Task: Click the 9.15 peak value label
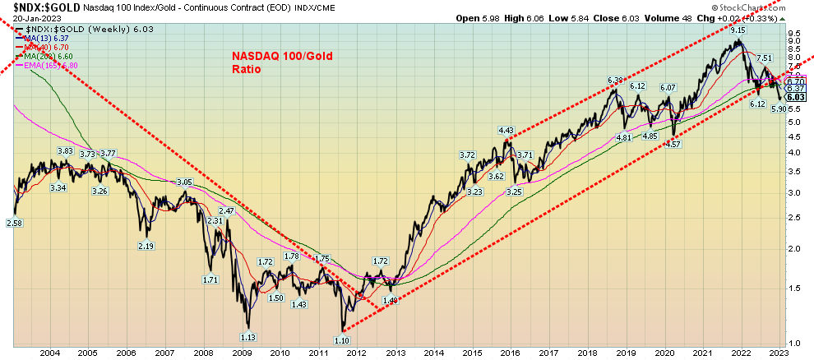(x=737, y=30)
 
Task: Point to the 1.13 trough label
(x=246, y=335)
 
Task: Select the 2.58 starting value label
(x=15, y=223)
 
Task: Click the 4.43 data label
(x=506, y=130)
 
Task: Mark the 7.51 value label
(x=764, y=58)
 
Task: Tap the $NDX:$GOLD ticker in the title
(x=32, y=6)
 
